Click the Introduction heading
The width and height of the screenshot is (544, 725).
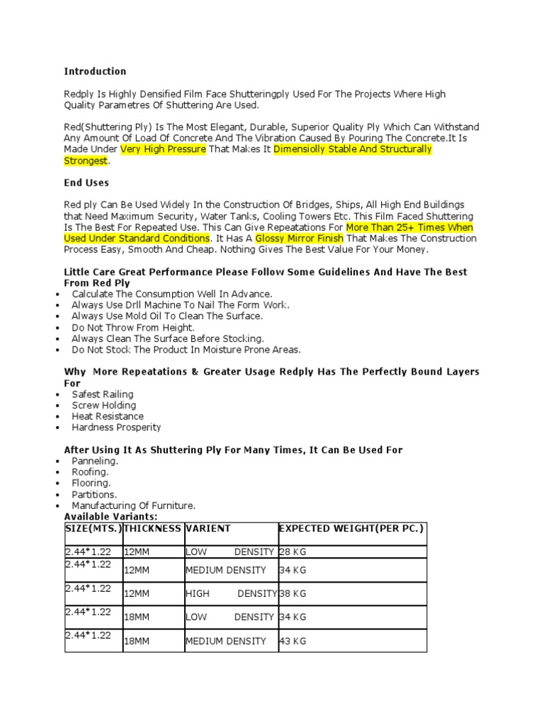pos(95,72)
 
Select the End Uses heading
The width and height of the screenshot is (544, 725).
pos(86,183)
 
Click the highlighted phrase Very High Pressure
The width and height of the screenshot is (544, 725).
pos(163,150)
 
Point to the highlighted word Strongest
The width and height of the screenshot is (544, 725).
pos(86,161)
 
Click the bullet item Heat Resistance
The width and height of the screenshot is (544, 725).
pos(108,416)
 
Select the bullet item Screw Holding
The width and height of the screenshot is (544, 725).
pos(103,405)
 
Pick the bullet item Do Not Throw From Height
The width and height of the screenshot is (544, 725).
pos(132,328)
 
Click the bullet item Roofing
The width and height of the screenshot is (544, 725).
pos(90,472)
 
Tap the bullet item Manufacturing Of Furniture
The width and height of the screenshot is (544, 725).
pos(133,506)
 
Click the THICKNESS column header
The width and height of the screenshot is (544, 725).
pos(152,529)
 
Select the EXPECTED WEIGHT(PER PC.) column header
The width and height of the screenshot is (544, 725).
pos(351,529)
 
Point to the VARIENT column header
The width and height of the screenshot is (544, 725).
pos(208,529)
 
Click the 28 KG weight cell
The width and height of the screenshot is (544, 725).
pos(293,552)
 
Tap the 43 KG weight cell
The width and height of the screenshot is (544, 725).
pos(293,641)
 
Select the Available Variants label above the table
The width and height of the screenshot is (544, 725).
pos(110,517)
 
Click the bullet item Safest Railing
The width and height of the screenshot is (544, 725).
pos(103,394)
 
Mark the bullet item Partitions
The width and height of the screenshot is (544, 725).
pos(94,494)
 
